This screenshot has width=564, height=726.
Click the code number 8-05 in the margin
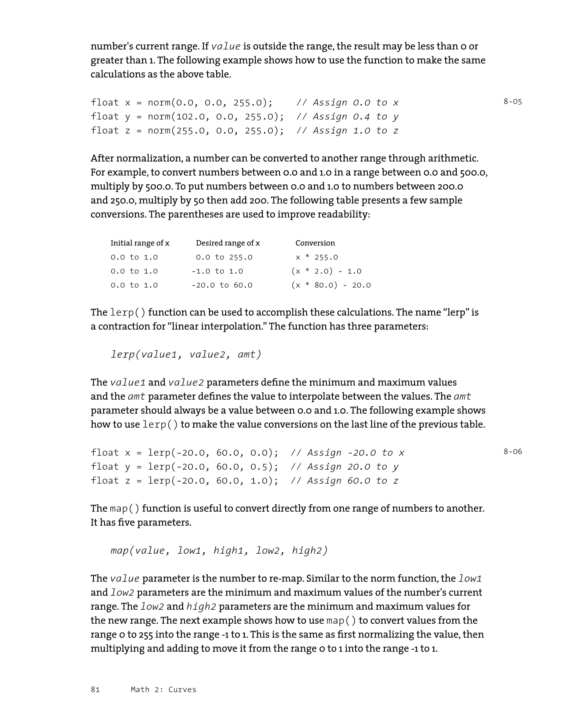[x=513, y=102]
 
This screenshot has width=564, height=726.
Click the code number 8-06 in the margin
[x=513, y=451]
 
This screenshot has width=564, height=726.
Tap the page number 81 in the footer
[x=95, y=689]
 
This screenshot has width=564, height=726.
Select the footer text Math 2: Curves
[x=163, y=689]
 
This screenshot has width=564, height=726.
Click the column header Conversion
[x=315, y=243]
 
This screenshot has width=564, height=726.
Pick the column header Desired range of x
[x=228, y=243]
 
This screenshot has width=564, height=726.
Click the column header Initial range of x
[x=140, y=243]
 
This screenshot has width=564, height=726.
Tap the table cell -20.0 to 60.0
[x=222, y=285]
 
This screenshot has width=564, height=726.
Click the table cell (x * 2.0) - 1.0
[x=326, y=271]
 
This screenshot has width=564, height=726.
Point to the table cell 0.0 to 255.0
[x=224, y=257]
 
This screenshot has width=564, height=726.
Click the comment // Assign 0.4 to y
[x=347, y=117]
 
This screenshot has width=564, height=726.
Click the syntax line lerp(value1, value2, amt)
[x=186, y=354]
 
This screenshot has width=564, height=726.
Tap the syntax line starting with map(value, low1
[x=219, y=550]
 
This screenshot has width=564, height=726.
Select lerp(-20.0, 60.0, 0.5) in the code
[x=212, y=467]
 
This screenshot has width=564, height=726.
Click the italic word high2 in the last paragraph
[x=201, y=607]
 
